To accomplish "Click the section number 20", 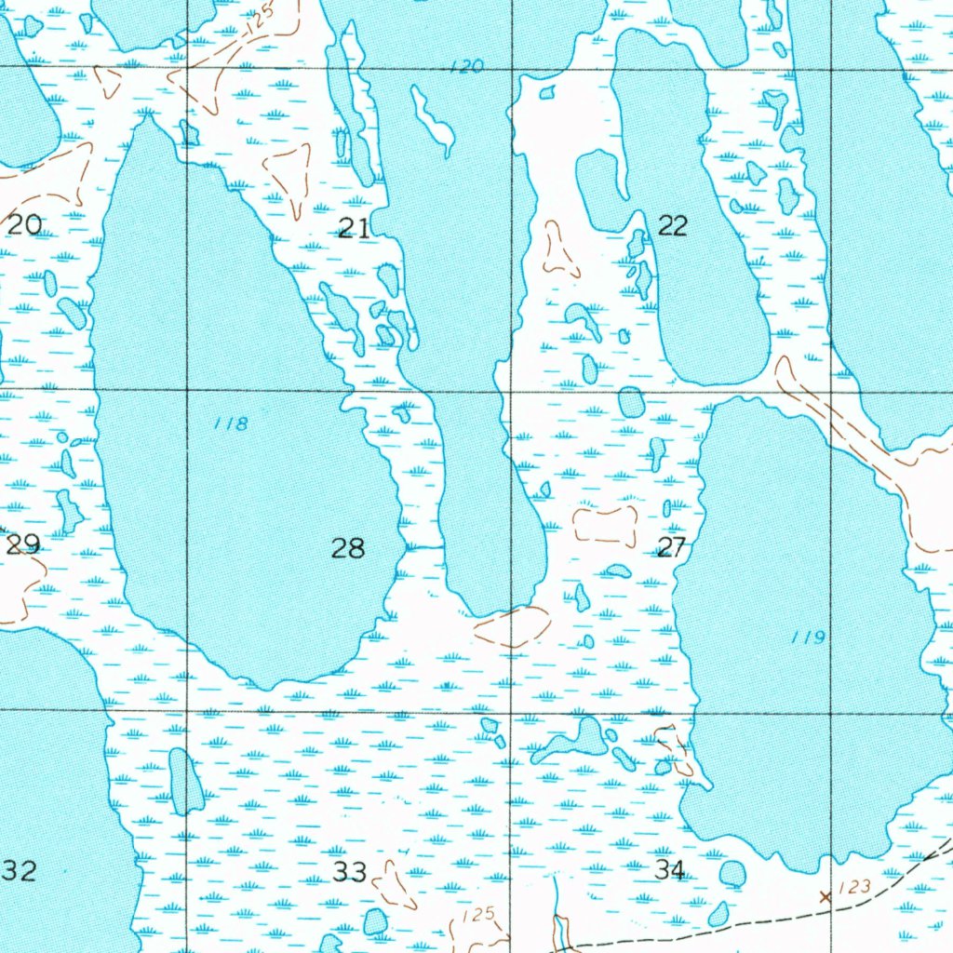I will [x=25, y=224].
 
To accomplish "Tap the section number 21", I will [x=353, y=227].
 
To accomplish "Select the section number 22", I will [x=672, y=224].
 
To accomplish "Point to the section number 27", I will [x=671, y=547].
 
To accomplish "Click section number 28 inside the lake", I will [x=348, y=548].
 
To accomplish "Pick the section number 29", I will [x=23, y=544].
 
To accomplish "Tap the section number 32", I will [x=20, y=871].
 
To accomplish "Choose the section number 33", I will [x=350, y=872].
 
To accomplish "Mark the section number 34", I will [x=669, y=870].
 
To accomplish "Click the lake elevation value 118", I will [x=230, y=423].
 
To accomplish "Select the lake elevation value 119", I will [x=808, y=638].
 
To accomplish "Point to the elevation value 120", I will [x=465, y=66].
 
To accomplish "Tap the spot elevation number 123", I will [x=853, y=887].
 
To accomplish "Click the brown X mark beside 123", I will [x=824, y=897].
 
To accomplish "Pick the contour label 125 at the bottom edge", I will [x=478, y=915].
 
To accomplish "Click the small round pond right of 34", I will [x=732, y=874].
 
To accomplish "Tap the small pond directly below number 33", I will [x=375, y=921].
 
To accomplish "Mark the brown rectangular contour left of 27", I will [x=605, y=526].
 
